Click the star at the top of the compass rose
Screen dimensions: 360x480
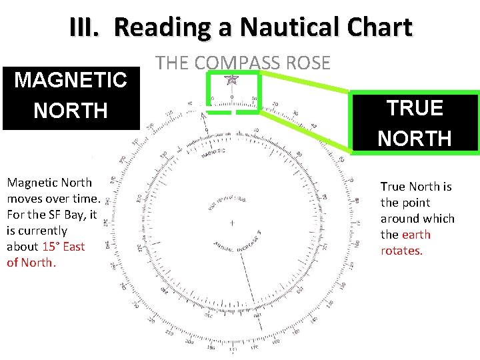coord(231,81)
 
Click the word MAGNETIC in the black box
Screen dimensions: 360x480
coord(71,81)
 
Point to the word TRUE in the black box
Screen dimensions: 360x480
coord(415,108)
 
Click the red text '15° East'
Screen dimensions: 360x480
coord(63,246)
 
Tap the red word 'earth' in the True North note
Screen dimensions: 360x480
coord(416,235)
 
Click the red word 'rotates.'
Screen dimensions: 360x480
coord(401,251)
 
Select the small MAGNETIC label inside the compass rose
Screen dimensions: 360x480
coord(212,151)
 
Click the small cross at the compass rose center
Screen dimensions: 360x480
coord(231,222)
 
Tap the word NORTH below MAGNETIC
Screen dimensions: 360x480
coord(71,110)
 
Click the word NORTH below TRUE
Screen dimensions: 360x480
coord(415,138)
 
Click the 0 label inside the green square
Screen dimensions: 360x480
coord(231,97)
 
